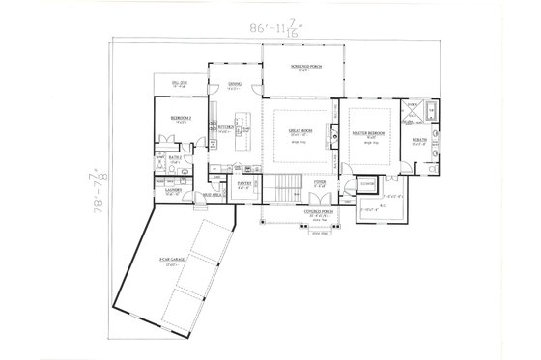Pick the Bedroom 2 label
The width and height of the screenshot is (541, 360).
tap(180, 118)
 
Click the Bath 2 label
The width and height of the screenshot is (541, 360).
tap(179, 156)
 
